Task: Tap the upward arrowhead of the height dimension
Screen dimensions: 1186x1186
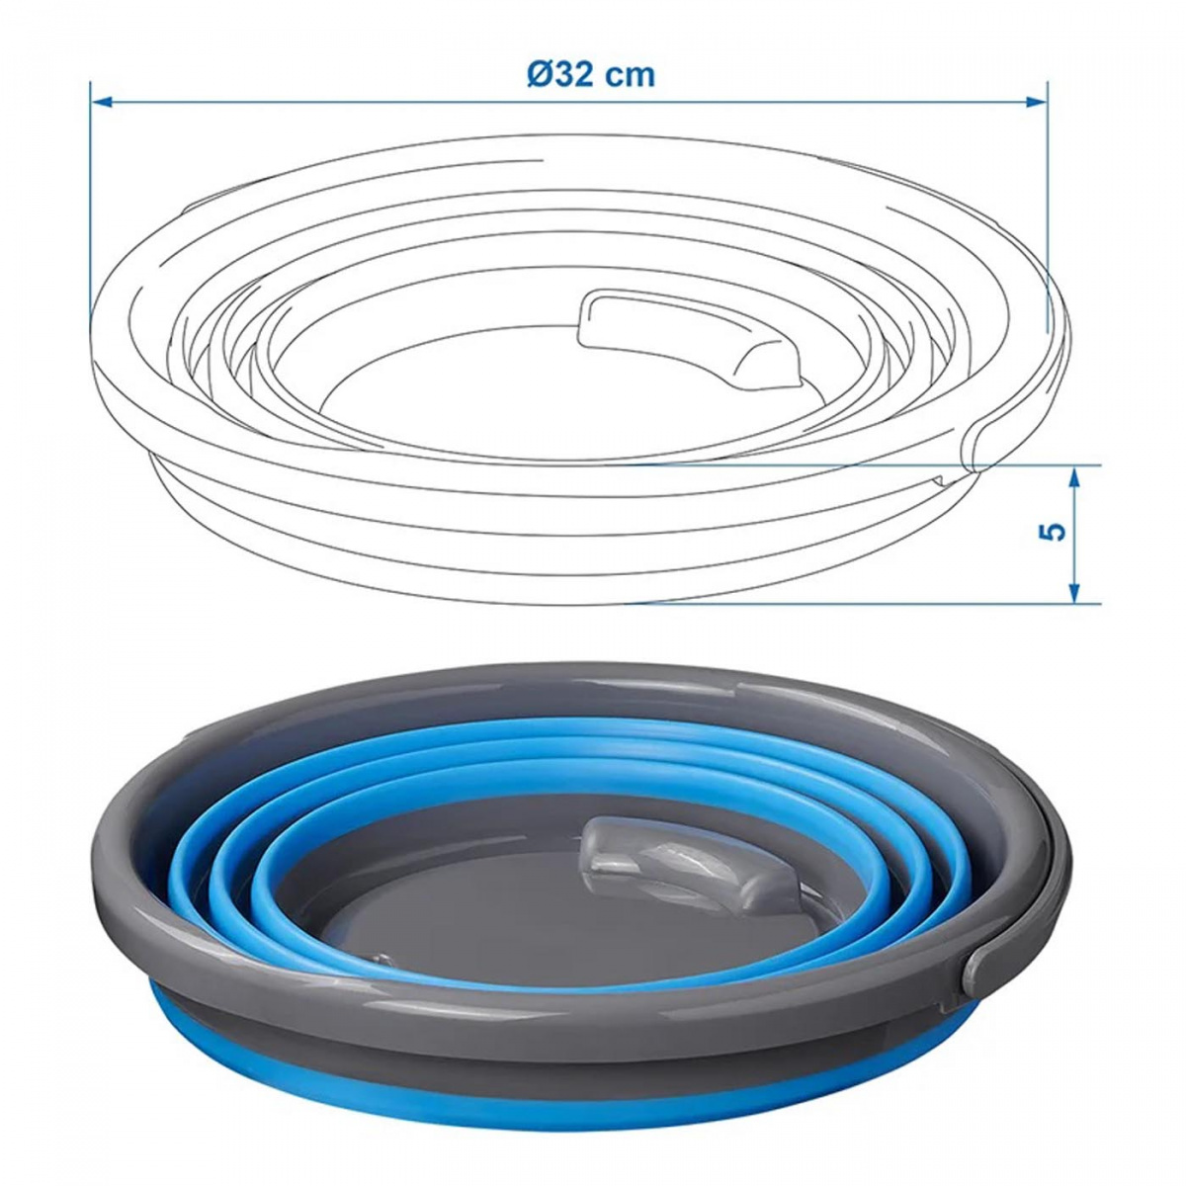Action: (x=1074, y=477)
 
